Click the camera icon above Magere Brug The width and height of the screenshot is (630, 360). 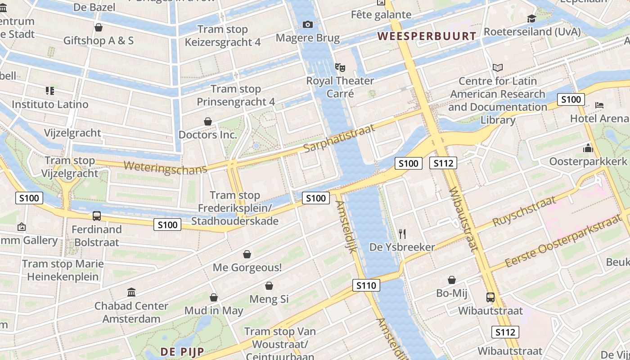pos(308,24)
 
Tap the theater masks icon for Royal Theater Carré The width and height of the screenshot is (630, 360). pos(340,68)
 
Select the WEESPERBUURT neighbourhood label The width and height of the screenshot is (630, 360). pos(427,36)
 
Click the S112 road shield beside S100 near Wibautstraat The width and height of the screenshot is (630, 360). pos(443,163)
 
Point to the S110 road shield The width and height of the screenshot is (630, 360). pos(366,285)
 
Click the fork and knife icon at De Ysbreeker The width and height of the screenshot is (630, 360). pos(402,234)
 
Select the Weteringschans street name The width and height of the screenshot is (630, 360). pos(165,167)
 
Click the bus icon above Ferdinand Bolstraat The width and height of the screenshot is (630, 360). pos(97,216)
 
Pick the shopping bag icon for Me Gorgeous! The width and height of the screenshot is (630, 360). pos(247,255)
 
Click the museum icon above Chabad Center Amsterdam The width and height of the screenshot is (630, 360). pos(131,292)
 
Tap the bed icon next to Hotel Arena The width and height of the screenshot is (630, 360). pos(599,105)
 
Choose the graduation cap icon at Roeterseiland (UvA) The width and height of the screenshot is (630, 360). pos(531,18)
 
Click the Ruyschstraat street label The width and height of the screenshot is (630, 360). pos(524,212)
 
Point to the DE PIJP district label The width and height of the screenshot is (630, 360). pos(182,351)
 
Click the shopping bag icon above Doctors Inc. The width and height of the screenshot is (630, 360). pos(208,121)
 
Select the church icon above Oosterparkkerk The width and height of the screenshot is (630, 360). pos(588,148)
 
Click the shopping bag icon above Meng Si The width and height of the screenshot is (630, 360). pos(269,286)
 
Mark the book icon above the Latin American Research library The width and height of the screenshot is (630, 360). pos(497,68)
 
